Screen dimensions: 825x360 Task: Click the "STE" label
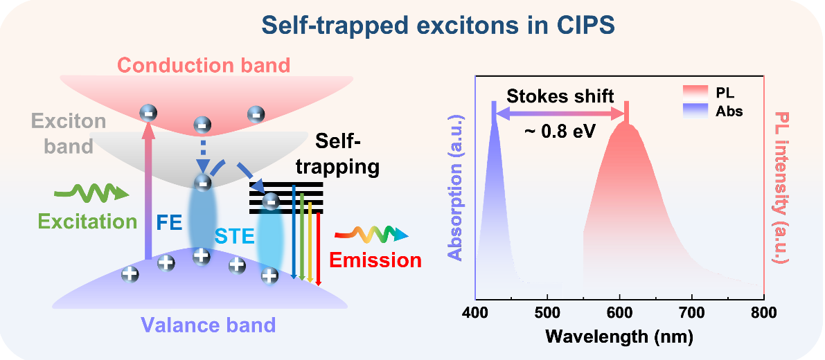coord(236,239)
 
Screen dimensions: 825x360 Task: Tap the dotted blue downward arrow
coord(202,158)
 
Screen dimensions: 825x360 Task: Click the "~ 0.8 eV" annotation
coord(560,131)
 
